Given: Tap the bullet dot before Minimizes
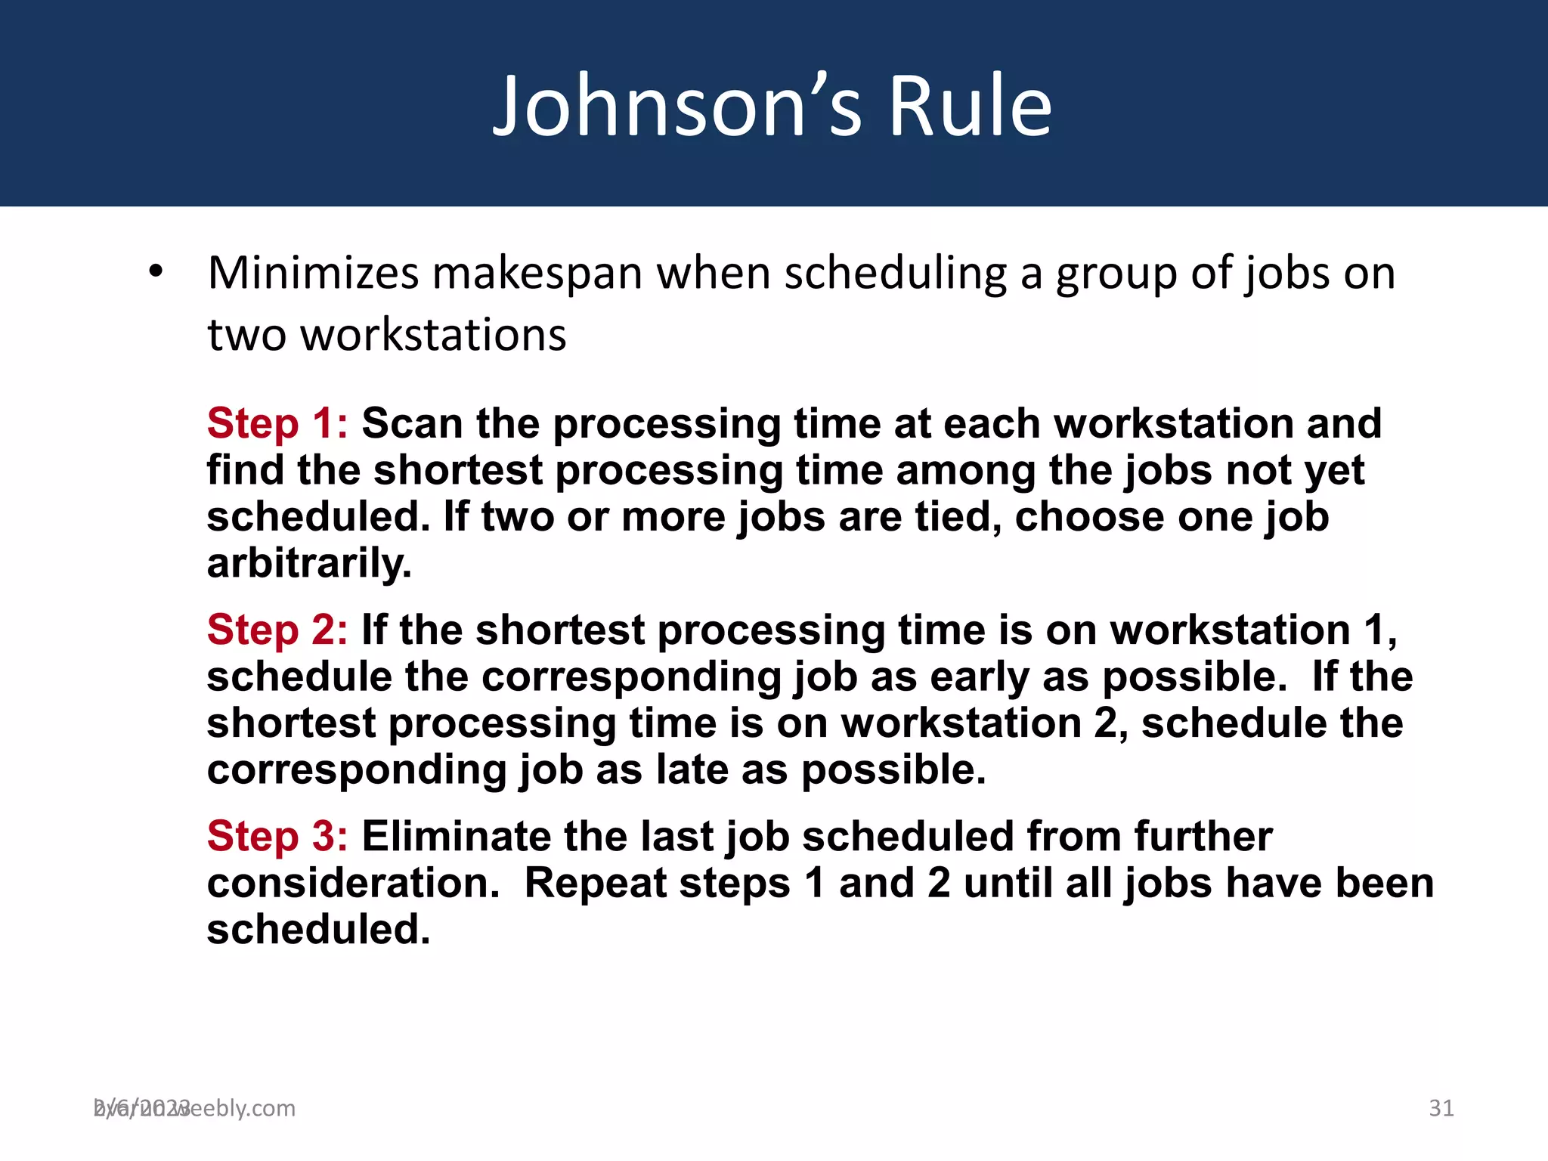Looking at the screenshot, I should click(x=156, y=271).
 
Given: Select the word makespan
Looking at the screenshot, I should click(x=537, y=274).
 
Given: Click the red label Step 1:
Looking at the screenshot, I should click(x=277, y=423).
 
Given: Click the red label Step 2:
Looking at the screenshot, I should click(x=277, y=630).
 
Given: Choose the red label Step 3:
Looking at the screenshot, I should click(x=277, y=836).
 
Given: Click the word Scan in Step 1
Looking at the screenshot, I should click(x=412, y=423).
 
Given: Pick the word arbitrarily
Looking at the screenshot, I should click(x=309, y=564).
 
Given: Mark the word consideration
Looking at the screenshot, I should click(x=353, y=883).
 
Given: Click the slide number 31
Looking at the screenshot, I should click(x=1441, y=1108).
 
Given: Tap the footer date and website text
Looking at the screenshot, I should click(x=194, y=1108).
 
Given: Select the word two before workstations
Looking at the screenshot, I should click(x=246, y=336).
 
